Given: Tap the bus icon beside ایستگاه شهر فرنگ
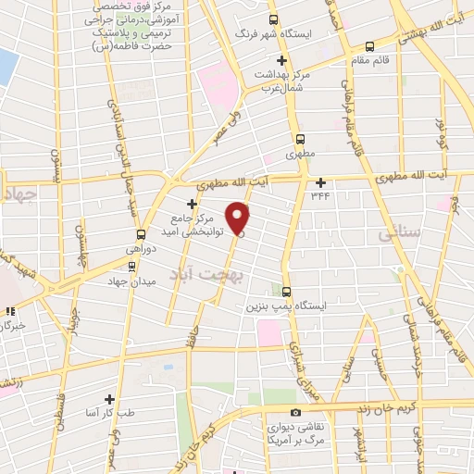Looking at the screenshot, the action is pos(272,19).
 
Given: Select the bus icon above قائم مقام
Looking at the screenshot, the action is pos(370,45).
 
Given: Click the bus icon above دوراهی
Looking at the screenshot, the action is pos(141,234).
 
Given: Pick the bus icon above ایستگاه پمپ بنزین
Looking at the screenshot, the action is pos(286,291).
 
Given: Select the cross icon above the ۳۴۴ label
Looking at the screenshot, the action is pos(321,181).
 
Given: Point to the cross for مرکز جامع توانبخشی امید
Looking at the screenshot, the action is pos(192,203).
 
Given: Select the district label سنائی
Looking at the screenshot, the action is pos(399,236).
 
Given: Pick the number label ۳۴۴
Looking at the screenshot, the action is pos(321,195).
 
